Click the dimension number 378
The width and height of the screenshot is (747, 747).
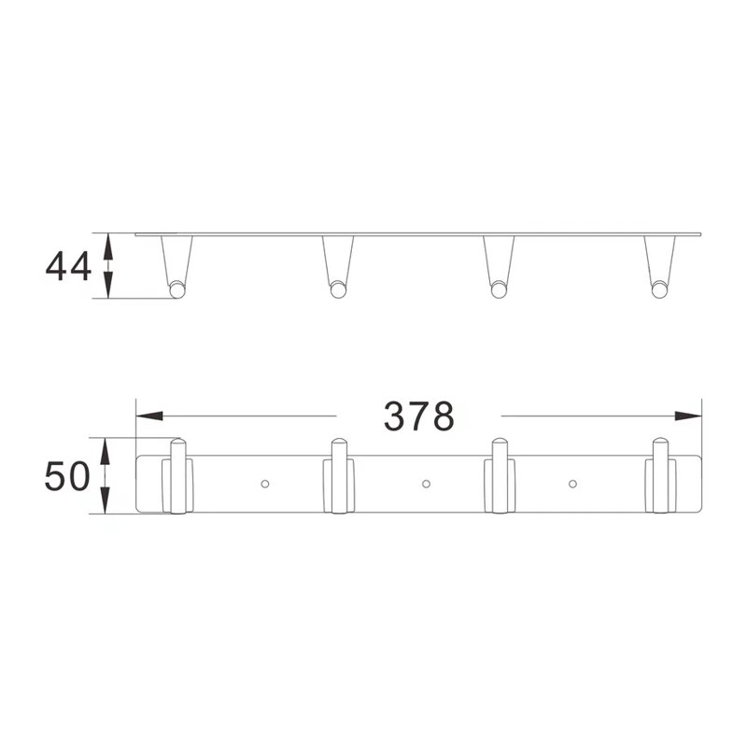pyautogui.click(x=418, y=416)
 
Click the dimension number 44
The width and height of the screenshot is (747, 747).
pyautogui.click(x=68, y=267)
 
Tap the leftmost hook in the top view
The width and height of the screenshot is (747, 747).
pyautogui.click(x=176, y=266)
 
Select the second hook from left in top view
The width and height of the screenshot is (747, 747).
pyautogui.click(x=338, y=266)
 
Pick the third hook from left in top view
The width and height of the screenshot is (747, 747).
pyautogui.click(x=500, y=266)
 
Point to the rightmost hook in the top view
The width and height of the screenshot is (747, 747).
pyautogui.click(x=660, y=266)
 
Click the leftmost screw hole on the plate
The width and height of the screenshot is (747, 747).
pyautogui.click(x=265, y=484)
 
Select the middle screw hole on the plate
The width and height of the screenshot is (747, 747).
pyautogui.click(x=427, y=484)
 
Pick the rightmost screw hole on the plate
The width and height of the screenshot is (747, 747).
pyautogui.click(x=571, y=484)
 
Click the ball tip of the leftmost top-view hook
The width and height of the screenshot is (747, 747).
pyautogui.click(x=176, y=290)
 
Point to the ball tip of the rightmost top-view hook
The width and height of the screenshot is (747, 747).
pyautogui.click(x=659, y=290)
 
